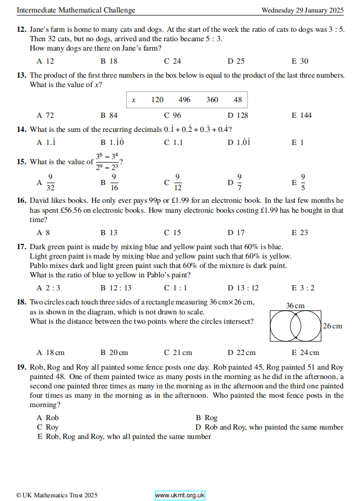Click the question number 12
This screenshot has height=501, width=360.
coord(21,30)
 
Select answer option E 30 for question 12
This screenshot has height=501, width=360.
coord(300,61)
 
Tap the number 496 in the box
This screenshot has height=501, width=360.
coord(184,100)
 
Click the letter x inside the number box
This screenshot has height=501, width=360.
coord(133,100)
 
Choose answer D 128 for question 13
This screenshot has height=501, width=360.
coord(238,115)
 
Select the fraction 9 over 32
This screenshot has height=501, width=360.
coord(51,182)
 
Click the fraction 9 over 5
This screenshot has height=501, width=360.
coord(303,182)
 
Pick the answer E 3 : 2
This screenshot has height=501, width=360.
coord(303,288)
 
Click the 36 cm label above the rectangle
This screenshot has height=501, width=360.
coord(295,305)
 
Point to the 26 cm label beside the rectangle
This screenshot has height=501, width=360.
coord(332,326)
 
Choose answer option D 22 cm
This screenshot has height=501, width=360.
coord(242,353)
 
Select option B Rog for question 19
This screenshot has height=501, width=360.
coord(206,418)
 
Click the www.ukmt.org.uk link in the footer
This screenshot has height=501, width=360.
coord(180,495)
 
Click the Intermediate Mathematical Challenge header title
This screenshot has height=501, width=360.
coord(76,10)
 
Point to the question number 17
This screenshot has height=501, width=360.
coord(21,247)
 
